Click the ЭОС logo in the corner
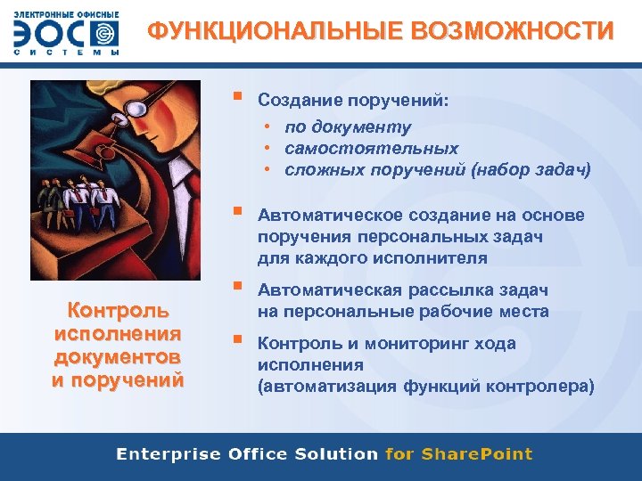[x=66, y=34]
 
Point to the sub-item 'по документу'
[x=349, y=126]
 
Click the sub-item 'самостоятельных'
[x=372, y=148]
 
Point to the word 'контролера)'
[x=546, y=386]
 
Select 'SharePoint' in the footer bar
[x=476, y=454]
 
